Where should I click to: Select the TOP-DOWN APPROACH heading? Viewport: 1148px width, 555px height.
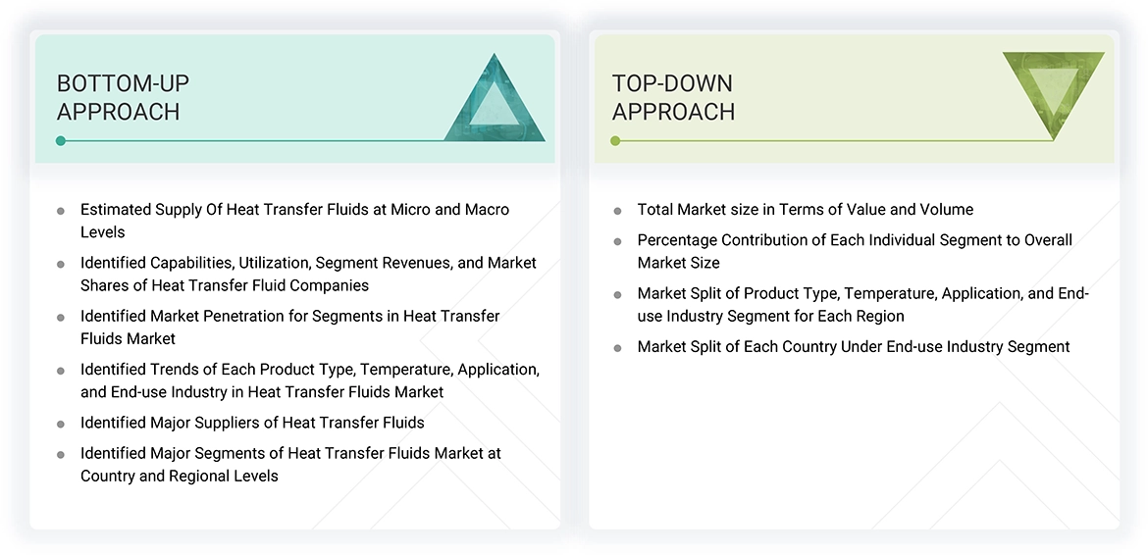tap(673, 97)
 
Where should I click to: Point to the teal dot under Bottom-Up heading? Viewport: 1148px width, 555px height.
tap(61, 141)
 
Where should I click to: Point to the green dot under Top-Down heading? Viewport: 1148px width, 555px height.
tap(615, 141)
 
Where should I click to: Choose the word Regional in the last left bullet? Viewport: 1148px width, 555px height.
tap(177, 476)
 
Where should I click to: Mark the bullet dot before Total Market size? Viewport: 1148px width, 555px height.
tap(617, 211)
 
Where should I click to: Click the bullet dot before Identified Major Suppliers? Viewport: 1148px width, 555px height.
tap(61, 425)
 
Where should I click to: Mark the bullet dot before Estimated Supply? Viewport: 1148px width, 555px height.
tap(61, 211)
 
